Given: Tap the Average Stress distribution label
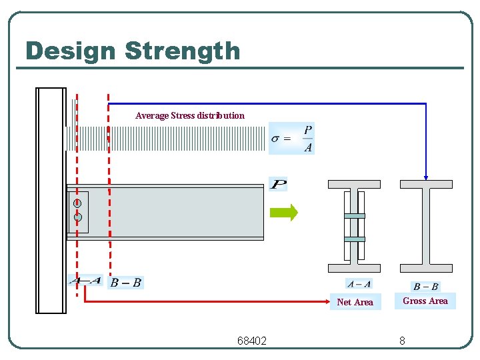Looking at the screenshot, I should point(189,115).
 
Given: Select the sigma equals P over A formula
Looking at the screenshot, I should point(291,139).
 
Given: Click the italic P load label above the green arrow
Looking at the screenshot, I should point(278,183).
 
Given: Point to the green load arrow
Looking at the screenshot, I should point(283,213).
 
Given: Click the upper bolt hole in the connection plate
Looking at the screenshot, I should point(77,203).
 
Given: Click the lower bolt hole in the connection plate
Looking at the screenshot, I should point(78,217).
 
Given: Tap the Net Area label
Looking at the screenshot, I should point(355,302).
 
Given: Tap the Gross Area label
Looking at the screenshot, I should point(425,301).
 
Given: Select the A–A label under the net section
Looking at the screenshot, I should point(359,284).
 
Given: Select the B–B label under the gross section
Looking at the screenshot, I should point(426,287).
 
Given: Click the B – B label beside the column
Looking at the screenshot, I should point(125,283).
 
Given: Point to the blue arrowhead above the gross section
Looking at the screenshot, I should point(425,177).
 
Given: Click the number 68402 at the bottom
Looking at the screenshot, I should point(252,341).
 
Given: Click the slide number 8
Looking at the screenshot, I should point(402,341).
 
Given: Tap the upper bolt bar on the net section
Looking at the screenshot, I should point(355,216).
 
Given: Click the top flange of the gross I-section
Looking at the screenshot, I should point(425,184).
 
